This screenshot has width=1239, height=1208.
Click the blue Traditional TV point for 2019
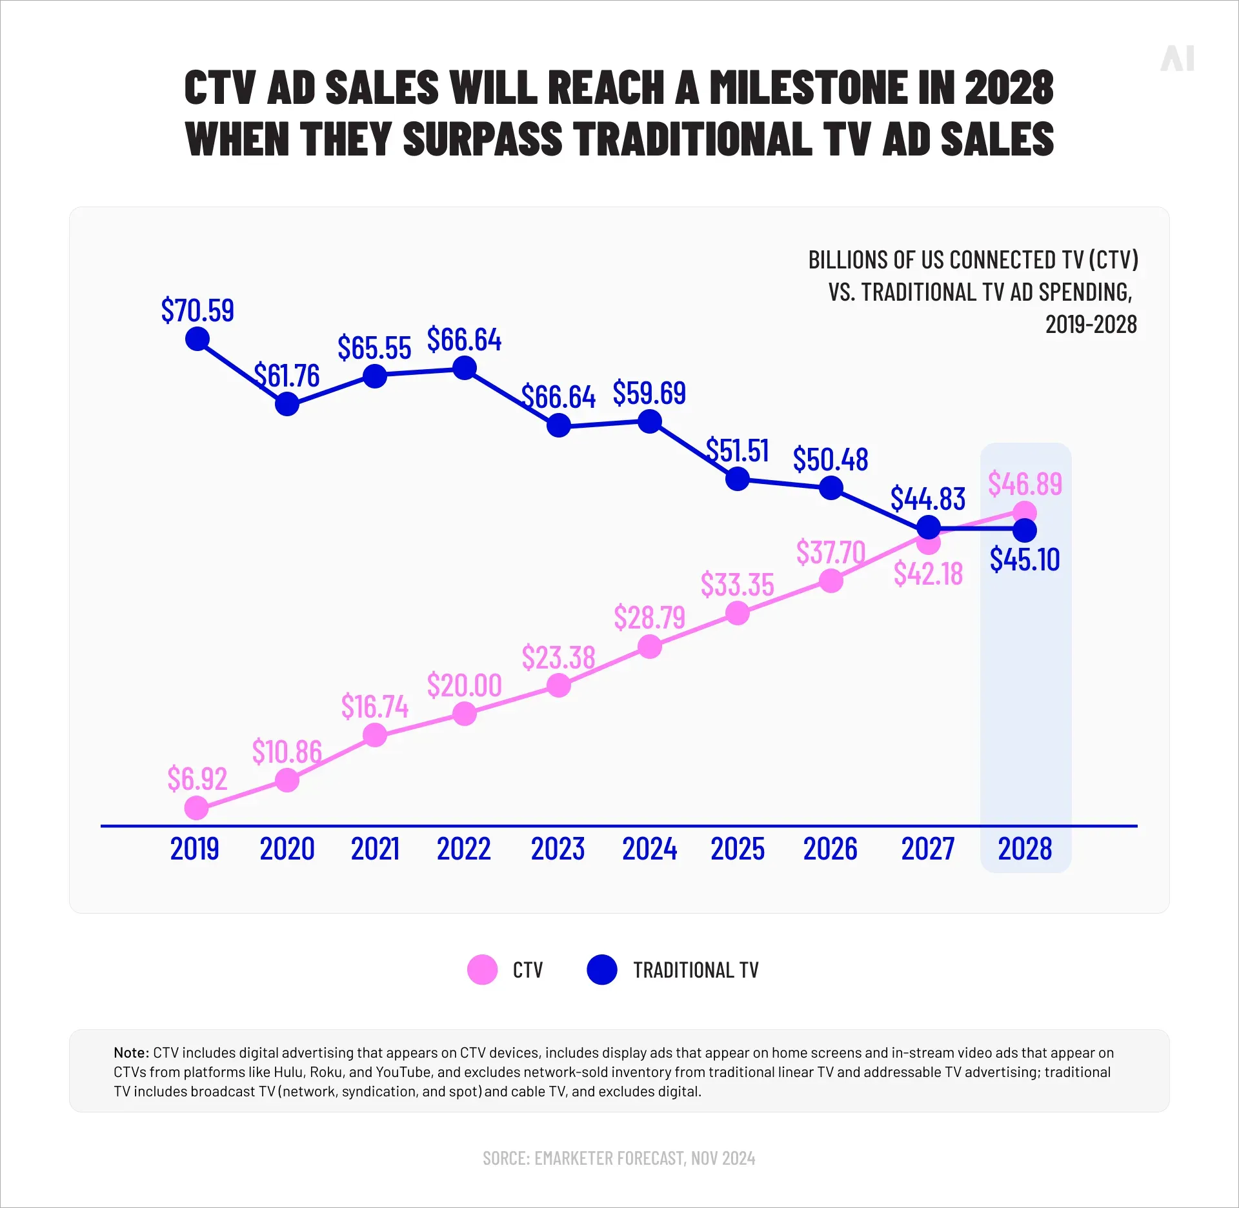197,339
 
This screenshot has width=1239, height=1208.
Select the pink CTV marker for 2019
196,807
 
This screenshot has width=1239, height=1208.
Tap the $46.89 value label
1025,484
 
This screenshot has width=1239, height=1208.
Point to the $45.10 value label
1025,559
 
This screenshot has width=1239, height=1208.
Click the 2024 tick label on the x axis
649,849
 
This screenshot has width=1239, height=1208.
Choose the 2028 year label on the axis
1025,849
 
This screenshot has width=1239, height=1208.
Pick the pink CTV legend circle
482,970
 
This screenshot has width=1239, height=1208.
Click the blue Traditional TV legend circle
601,970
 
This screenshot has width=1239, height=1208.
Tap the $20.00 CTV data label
464,685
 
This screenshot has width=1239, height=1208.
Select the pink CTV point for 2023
558,685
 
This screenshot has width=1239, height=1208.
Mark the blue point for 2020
287,404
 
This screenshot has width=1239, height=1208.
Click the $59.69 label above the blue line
649,393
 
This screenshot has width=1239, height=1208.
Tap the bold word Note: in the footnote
131,1052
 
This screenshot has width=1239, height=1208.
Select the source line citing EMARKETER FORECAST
619,1158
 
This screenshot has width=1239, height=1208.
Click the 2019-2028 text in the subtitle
1091,325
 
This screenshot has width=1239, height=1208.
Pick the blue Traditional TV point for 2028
1025,530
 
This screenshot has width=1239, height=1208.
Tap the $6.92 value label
197,779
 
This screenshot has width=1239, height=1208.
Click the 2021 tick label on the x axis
375,849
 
